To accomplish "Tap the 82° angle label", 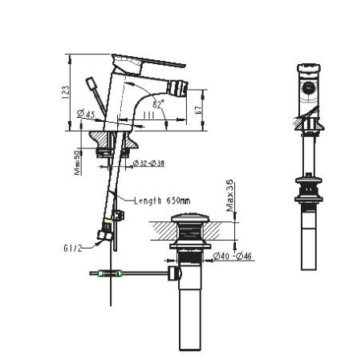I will pyautogui.click(x=157, y=104).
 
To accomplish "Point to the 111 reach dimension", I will pyautogui.click(x=148, y=116).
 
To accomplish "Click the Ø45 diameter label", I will pyautogui.click(x=86, y=115).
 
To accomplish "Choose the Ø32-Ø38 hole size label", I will pyautogui.click(x=148, y=163).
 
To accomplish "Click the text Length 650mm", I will pyautogui.click(x=162, y=200).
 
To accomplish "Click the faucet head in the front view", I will pyautogui.click(x=309, y=83).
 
